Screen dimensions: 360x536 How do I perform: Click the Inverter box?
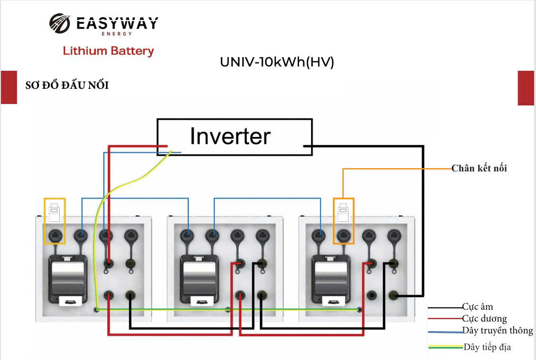[235, 137]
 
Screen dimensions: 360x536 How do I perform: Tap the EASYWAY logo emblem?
[59, 24]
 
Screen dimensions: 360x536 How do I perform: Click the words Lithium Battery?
[108, 51]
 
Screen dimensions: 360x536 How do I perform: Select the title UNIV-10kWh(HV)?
[277, 62]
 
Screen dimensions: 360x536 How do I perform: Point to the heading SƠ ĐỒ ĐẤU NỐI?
[67, 86]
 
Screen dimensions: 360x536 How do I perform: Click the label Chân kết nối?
[479, 168]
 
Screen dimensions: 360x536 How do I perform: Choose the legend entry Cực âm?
[478, 307]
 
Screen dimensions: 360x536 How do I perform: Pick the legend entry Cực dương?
[484, 319]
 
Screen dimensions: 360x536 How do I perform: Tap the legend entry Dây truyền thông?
[498, 331]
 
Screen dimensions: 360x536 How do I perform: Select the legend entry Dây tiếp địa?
[487, 347]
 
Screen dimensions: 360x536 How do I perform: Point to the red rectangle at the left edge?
[9, 87]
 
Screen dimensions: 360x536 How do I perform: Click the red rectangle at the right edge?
[526, 88]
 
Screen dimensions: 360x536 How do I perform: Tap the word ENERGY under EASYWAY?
[116, 34]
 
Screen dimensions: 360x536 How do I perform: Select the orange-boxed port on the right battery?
[343, 234]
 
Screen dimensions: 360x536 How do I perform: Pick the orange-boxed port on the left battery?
[55, 234]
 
